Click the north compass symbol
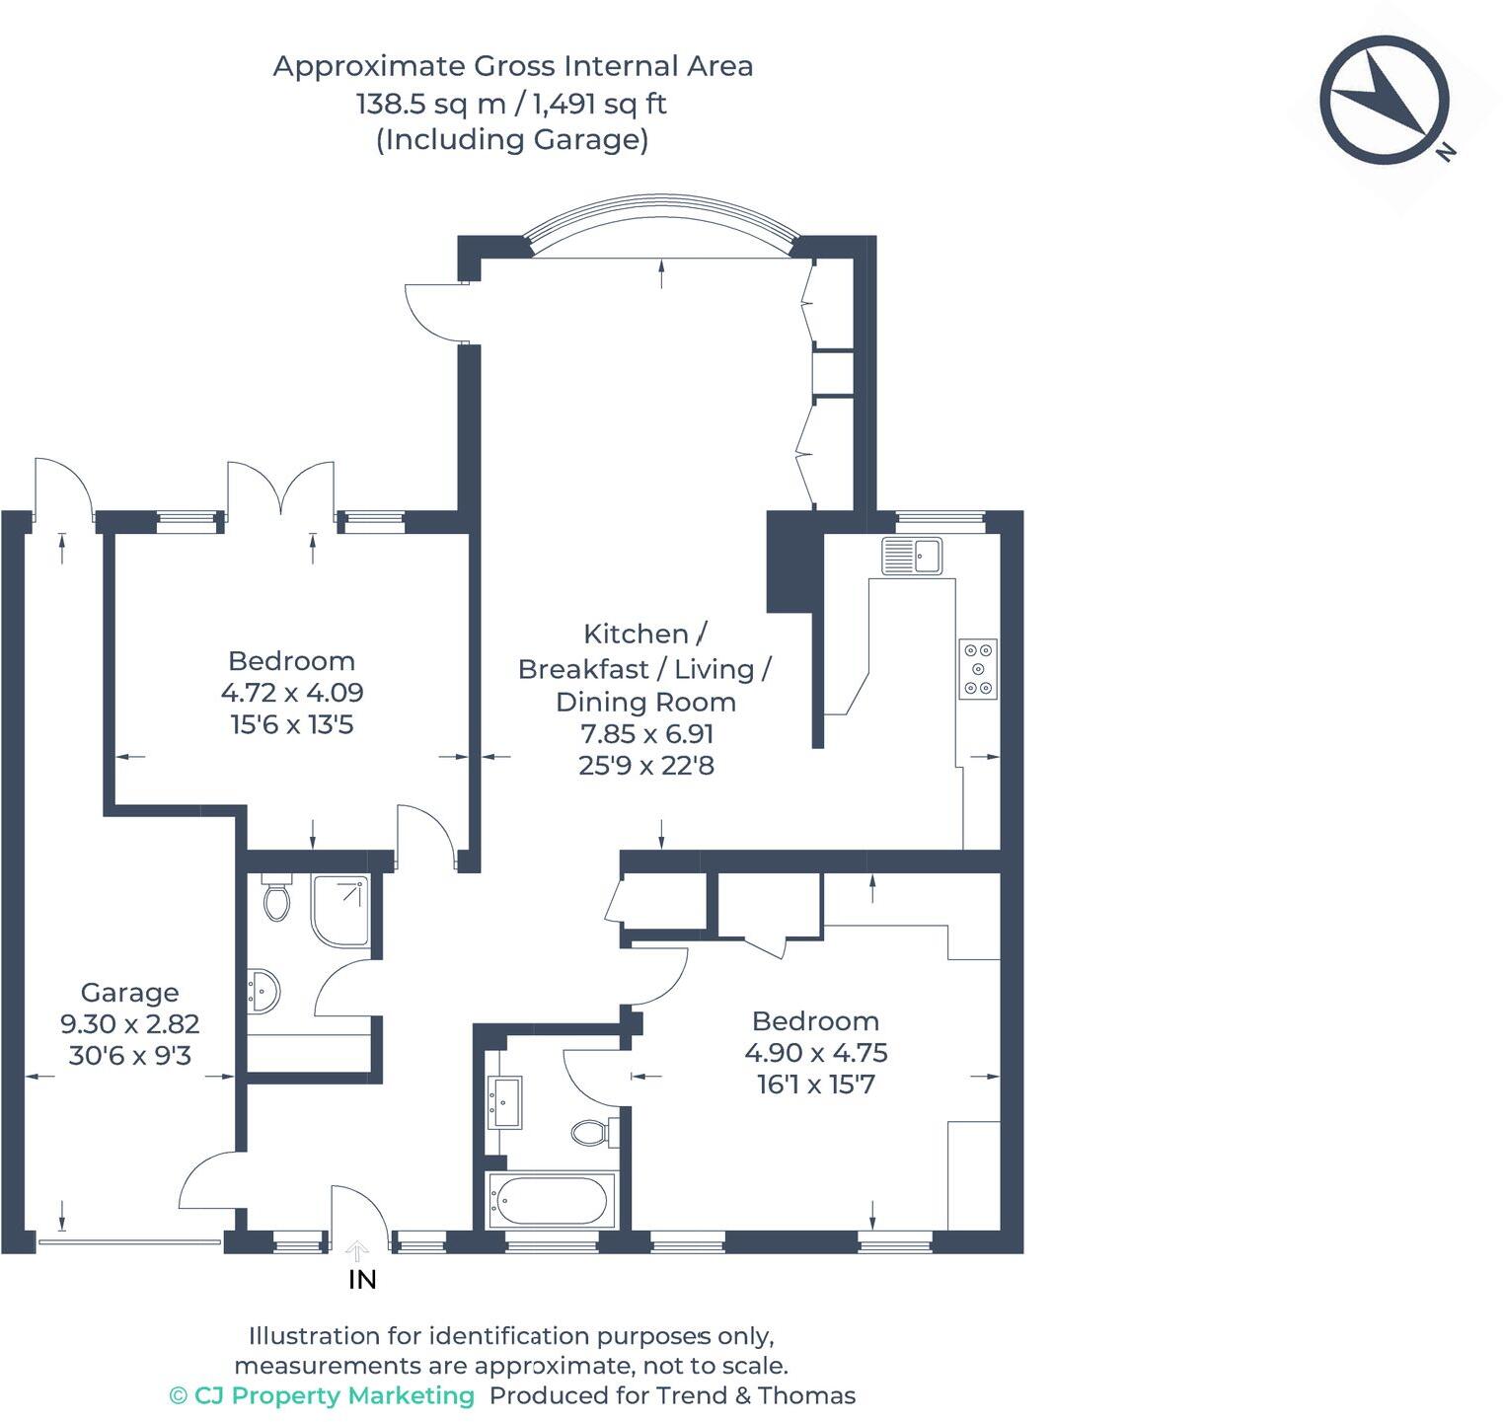click(x=1384, y=100)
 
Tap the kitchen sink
click(x=914, y=555)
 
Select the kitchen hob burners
click(x=978, y=669)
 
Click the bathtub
click(x=552, y=1200)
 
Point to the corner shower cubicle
click(x=341, y=908)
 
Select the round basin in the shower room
click(x=263, y=990)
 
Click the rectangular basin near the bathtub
click(x=505, y=1102)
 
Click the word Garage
click(x=129, y=992)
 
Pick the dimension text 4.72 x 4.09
click(x=292, y=692)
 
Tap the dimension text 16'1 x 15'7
click(x=815, y=1085)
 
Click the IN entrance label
click(x=362, y=1280)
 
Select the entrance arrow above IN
click(x=357, y=1252)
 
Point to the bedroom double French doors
click(x=281, y=488)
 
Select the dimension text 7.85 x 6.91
click(x=646, y=733)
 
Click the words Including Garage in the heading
click(x=512, y=139)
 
